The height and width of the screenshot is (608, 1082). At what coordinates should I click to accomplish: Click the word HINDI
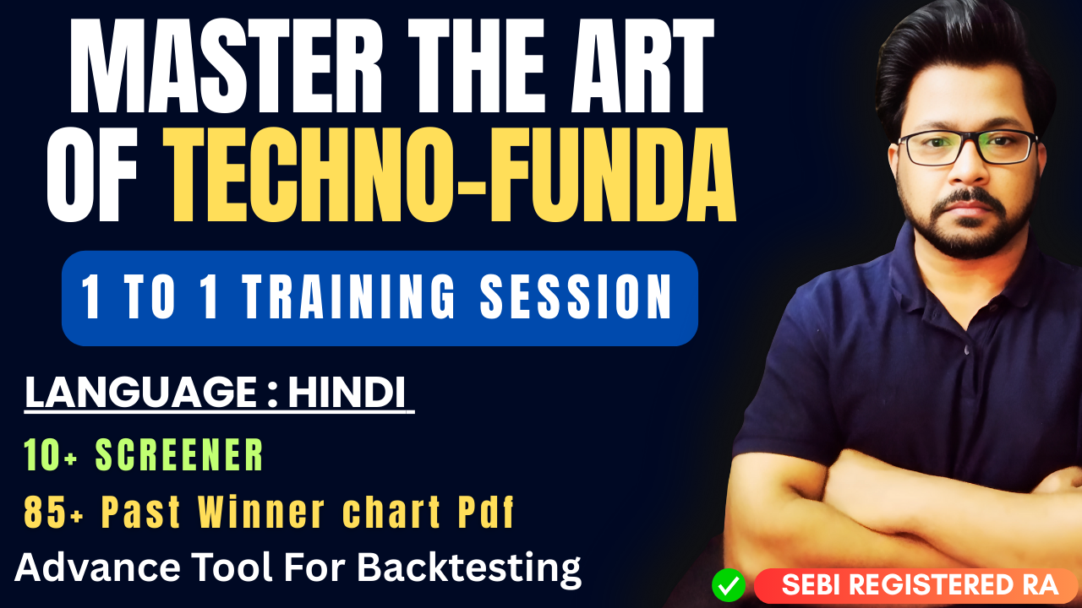pyautogui.click(x=347, y=394)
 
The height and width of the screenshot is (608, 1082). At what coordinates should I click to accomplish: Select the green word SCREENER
pyautogui.click(x=179, y=456)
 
